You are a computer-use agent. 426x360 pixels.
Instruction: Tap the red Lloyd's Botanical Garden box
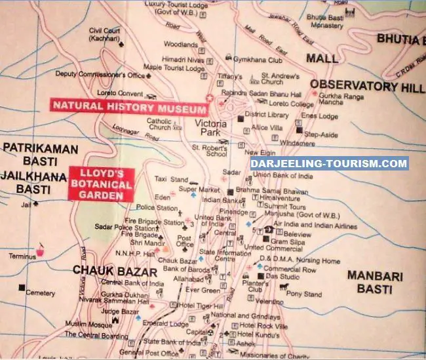101,185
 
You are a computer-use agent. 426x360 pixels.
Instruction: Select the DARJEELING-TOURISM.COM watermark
330,164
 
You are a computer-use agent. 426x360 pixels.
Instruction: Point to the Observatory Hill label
367,86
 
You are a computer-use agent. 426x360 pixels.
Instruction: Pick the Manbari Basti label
374,281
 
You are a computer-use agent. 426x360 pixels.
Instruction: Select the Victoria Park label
210,117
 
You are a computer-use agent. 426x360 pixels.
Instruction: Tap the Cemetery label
40,293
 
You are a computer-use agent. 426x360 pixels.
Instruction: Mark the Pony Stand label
305,294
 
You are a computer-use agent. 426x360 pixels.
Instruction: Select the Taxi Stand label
170,178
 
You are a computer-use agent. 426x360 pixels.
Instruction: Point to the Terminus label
22,256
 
